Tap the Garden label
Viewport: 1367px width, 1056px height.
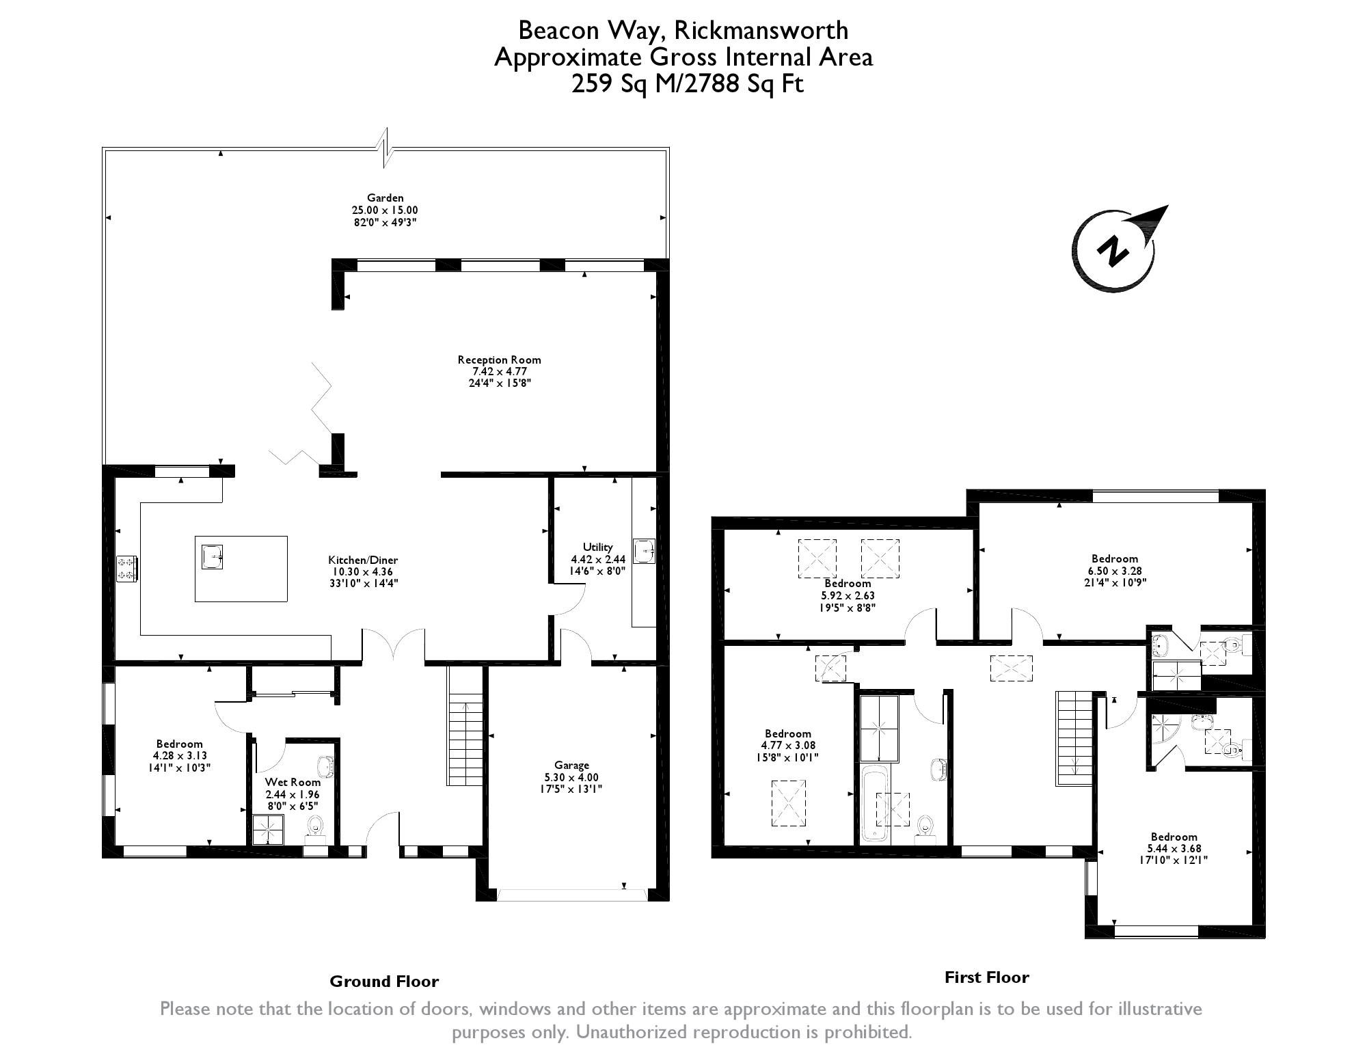(385, 198)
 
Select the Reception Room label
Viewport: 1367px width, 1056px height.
(499, 360)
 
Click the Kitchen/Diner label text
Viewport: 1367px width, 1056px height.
(363, 560)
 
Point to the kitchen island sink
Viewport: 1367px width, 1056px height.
(212, 556)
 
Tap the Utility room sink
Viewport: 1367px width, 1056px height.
(644, 551)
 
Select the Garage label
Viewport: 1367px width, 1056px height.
(571, 766)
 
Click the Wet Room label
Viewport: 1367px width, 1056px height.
(293, 783)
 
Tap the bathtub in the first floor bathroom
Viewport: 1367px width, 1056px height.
(874, 804)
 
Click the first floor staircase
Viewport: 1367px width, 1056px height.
(1074, 738)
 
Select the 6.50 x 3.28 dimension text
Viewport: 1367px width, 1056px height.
(1114, 571)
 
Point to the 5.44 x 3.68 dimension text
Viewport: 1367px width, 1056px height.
(1174, 849)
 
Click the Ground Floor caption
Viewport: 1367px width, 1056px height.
(384, 981)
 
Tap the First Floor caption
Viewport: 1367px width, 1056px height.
(986, 977)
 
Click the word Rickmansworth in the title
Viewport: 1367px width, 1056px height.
(761, 31)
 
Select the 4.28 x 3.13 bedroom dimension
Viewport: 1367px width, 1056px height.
(179, 756)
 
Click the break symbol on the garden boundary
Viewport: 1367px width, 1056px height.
(386, 148)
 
